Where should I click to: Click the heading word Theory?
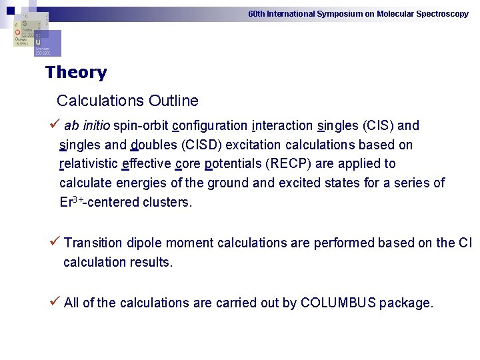[x=76, y=73]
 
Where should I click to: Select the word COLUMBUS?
[x=338, y=303]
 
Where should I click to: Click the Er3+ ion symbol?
[x=70, y=202]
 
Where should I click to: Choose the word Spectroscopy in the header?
[x=442, y=13]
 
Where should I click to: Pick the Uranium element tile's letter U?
[x=38, y=41]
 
